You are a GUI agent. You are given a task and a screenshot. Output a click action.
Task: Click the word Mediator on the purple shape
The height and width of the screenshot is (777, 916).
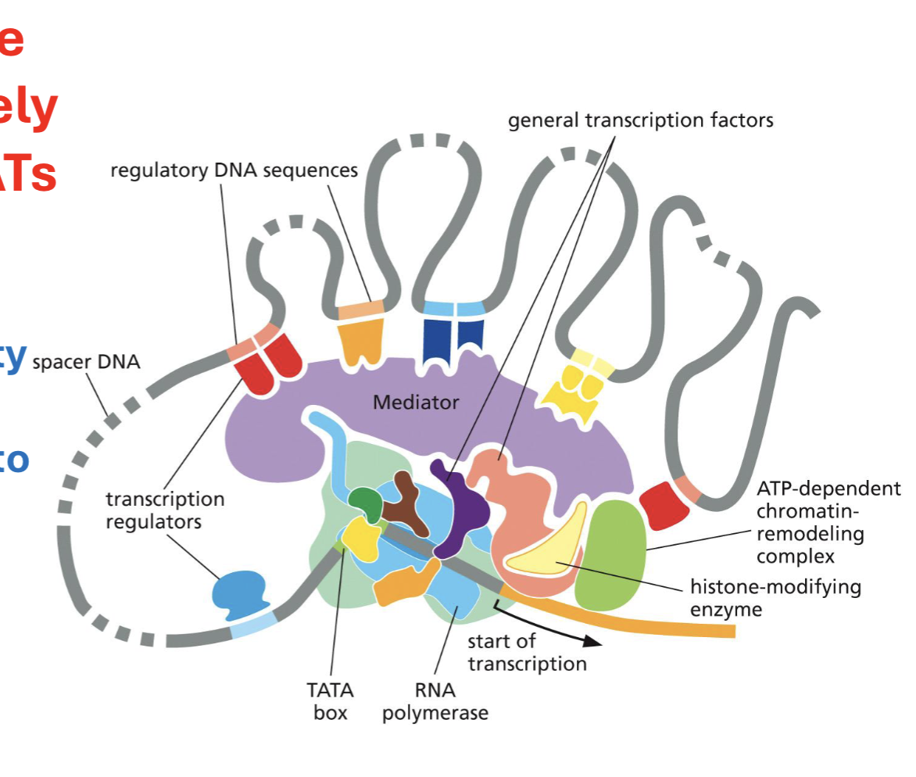tap(416, 403)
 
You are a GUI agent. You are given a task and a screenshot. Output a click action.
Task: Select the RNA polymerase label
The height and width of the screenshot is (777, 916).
tap(435, 701)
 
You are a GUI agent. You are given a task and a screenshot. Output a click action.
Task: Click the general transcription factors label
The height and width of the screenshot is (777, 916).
tap(640, 120)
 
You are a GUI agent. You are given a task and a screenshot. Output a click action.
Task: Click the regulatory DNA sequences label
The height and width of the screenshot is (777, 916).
tap(234, 170)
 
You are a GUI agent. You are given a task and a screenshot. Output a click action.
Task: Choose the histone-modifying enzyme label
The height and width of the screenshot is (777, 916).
tap(775, 597)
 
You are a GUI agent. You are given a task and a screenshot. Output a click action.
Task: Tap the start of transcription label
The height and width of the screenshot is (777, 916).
tap(527, 653)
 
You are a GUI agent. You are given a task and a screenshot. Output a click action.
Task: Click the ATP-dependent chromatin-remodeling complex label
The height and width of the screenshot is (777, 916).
tap(827, 522)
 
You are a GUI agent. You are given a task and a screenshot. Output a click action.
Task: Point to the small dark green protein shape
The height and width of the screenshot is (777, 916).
tap(365, 503)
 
